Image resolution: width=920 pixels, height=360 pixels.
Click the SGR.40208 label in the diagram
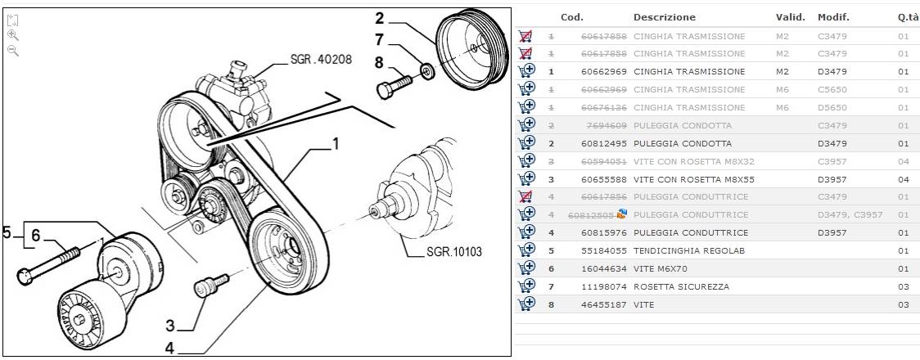(321, 60)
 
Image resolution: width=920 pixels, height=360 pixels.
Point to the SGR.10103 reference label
(454, 252)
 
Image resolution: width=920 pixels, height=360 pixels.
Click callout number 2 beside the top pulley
(380, 18)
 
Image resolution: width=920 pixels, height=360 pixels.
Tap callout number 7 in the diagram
(379, 39)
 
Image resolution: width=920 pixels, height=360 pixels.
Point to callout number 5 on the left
(7, 233)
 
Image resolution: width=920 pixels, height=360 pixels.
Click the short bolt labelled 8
(395, 85)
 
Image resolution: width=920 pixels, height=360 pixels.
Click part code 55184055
(604, 250)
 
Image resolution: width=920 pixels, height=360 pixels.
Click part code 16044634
(604, 268)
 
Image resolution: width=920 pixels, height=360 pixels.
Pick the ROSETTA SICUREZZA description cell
(681, 286)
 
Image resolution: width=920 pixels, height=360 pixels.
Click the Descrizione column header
(664, 17)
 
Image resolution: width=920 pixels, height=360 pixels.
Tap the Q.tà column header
(907, 17)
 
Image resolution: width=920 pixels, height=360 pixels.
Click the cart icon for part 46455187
(526, 304)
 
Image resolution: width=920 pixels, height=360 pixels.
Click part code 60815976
(604, 232)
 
